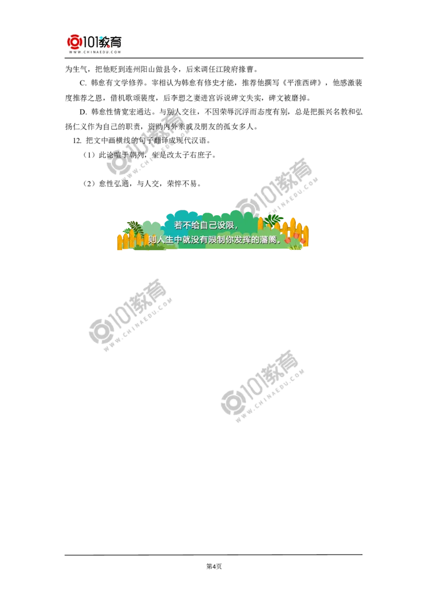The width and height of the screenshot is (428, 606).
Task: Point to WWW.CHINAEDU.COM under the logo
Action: tap(94, 52)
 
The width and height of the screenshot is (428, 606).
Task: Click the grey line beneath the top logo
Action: tap(94, 58)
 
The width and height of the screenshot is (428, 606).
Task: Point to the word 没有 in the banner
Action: tap(196, 240)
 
